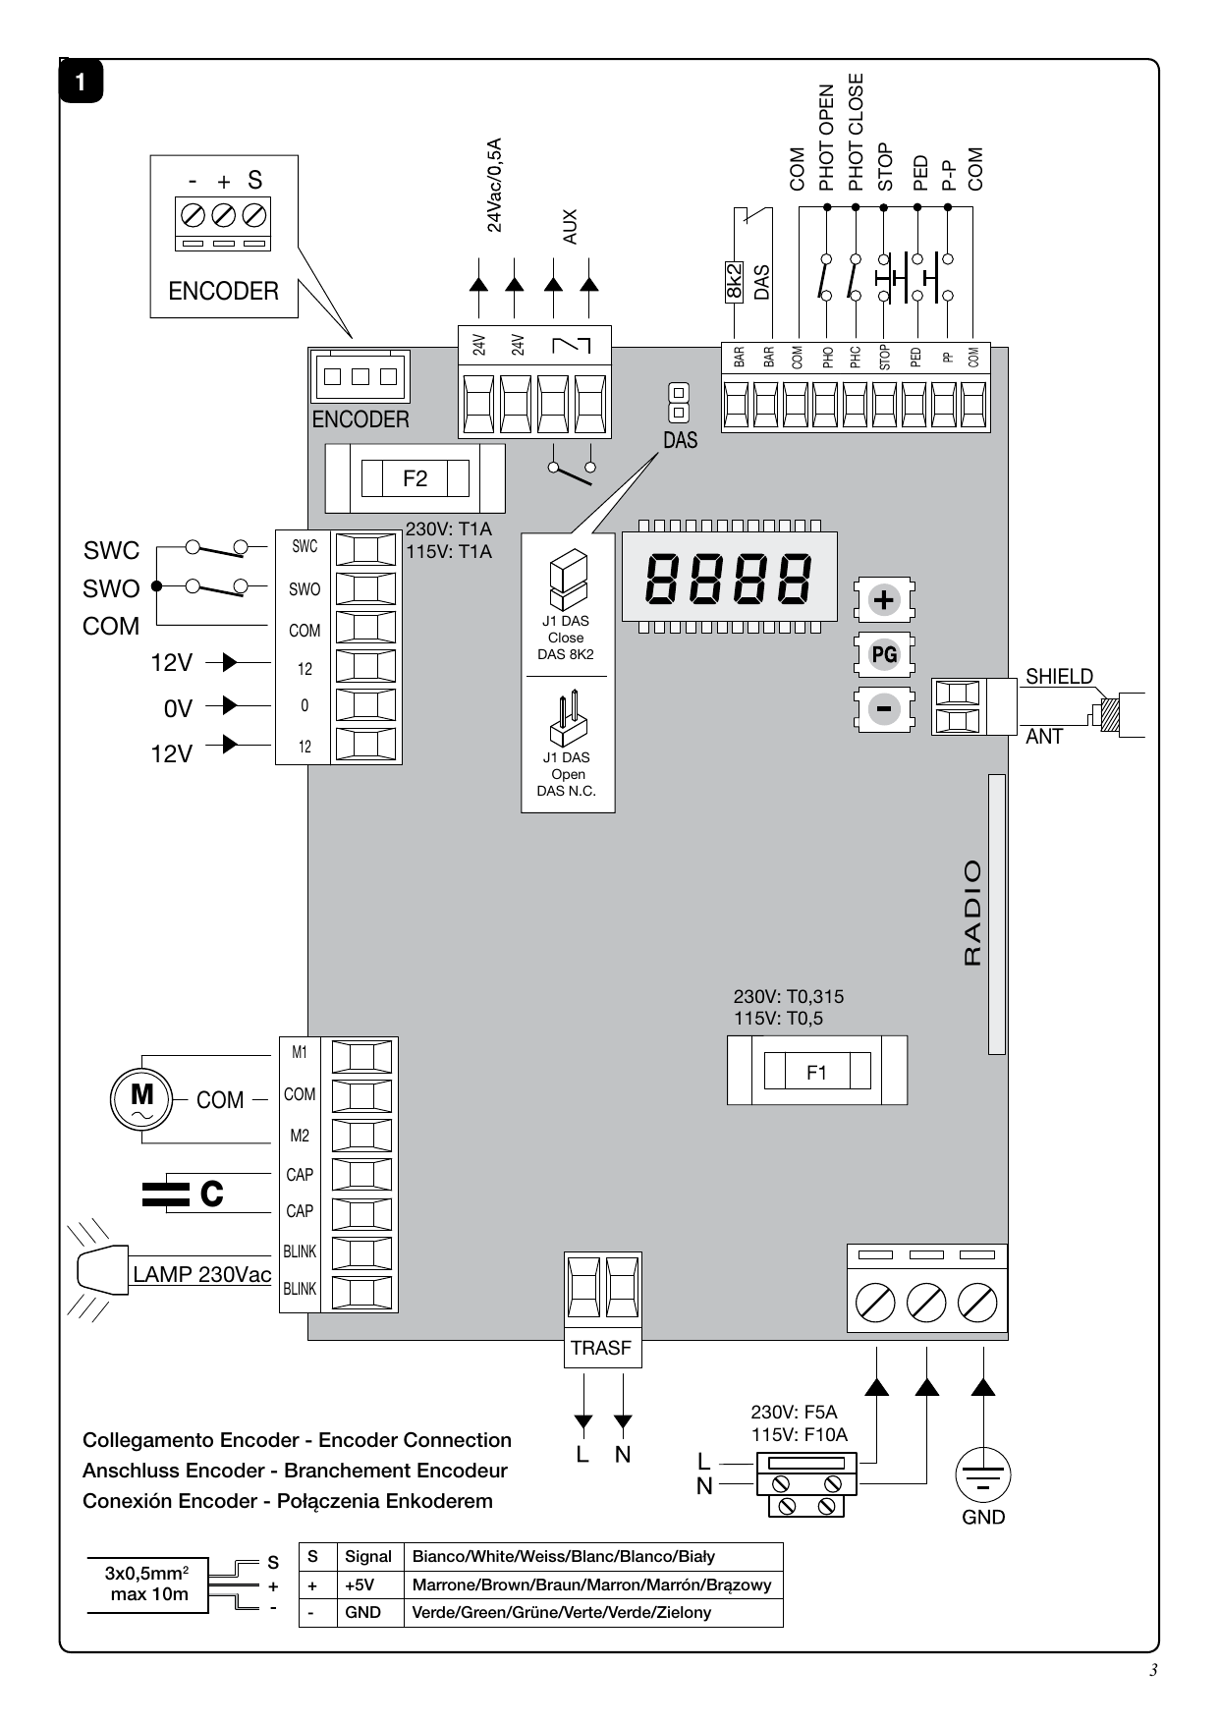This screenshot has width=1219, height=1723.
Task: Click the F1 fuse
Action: point(816,1071)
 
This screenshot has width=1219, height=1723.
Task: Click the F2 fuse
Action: point(415,478)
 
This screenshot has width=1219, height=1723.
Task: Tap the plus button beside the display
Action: point(885,600)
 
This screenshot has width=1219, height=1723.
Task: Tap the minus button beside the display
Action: point(885,708)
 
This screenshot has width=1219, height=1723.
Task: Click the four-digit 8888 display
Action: point(729,577)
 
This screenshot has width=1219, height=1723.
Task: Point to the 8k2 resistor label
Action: point(734,282)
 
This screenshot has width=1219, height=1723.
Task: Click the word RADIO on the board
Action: point(972,913)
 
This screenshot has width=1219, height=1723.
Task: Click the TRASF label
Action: point(601,1348)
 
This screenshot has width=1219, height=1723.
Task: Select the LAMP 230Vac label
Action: point(202,1274)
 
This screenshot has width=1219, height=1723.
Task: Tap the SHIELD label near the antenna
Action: point(1059,676)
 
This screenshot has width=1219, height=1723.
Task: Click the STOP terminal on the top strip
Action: point(885,403)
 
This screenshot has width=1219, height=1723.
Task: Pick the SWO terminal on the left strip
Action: point(365,588)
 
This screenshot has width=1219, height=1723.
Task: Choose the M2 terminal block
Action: point(361,1136)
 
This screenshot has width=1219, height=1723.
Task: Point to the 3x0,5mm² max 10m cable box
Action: point(149,1584)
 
